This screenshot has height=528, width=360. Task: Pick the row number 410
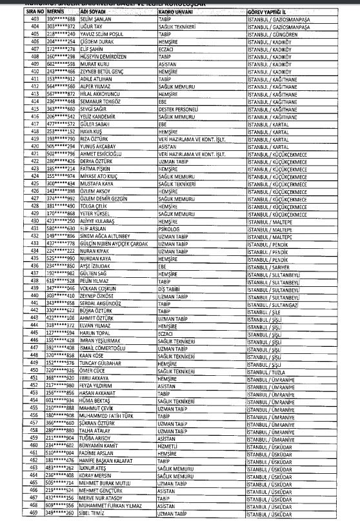pyautogui.click(x=17, y=72)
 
